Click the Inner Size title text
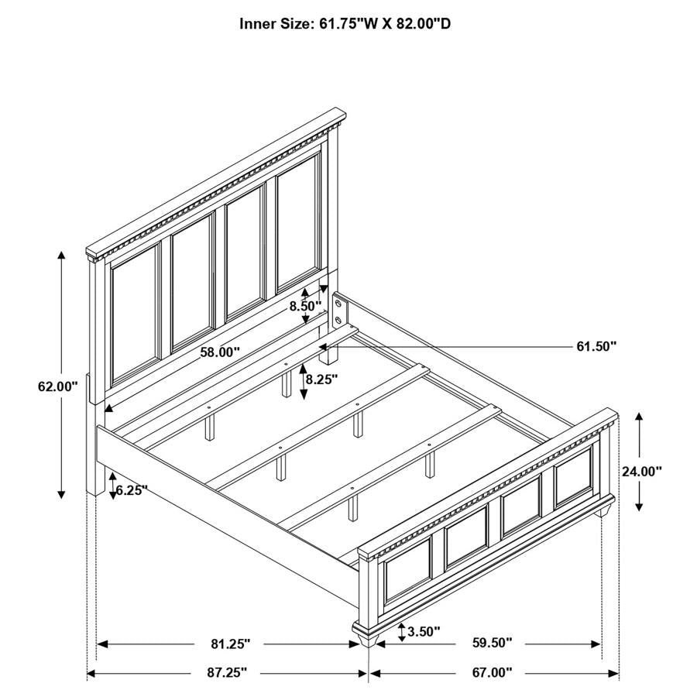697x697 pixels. [345, 24]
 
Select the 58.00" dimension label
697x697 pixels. [220, 352]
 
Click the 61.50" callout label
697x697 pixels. [596, 346]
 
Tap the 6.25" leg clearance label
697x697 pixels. [132, 489]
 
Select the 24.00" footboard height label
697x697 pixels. [642, 470]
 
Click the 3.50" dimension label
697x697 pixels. [424, 631]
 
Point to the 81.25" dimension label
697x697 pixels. [231, 644]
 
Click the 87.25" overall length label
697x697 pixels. [228, 673]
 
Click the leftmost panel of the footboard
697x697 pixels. [407, 571]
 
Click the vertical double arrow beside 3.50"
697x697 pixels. [401, 631]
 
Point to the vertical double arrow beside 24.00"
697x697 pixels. [639, 462]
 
